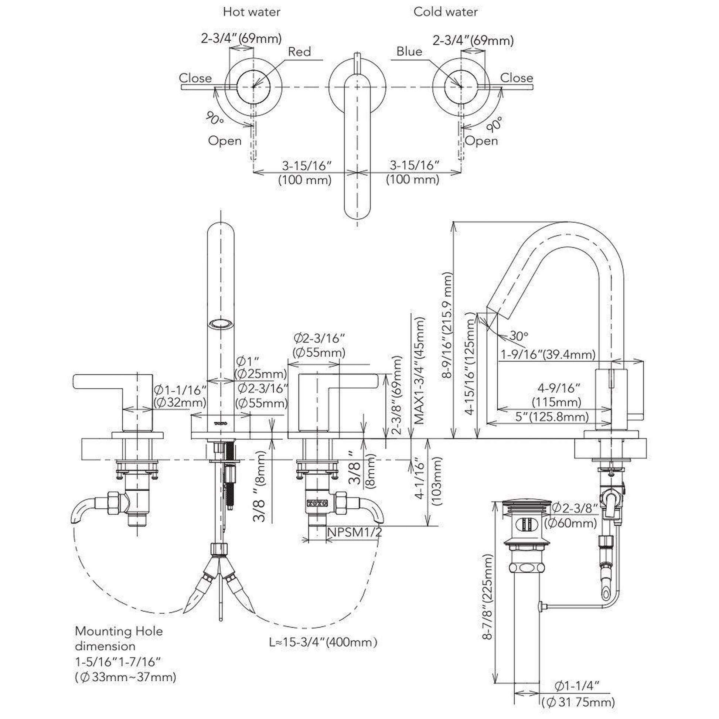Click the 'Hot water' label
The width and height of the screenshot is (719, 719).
click(252, 12)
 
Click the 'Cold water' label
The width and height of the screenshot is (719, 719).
click(446, 12)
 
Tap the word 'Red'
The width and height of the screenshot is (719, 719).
click(299, 51)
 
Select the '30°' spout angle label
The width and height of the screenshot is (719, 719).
click(518, 336)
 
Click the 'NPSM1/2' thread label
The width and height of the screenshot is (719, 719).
click(354, 532)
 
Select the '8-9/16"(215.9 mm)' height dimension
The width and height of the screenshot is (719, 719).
click(448, 325)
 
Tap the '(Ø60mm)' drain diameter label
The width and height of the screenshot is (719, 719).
click(570, 523)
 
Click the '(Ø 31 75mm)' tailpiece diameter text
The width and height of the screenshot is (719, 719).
click(578, 702)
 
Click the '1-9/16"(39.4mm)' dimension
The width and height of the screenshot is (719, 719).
click(548, 354)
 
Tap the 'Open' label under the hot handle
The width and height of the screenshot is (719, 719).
click(224, 141)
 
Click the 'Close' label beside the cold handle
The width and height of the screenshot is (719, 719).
click(516, 78)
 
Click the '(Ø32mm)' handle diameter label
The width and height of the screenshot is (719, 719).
click(180, 402)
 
